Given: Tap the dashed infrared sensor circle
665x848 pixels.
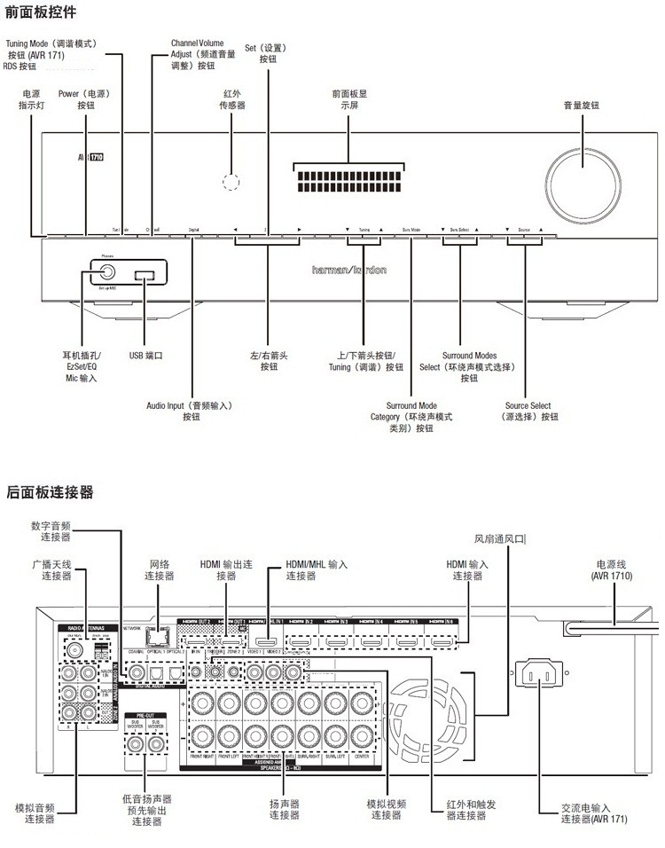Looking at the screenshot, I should click(x=230, y=183).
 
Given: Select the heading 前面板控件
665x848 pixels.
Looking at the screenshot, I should click(x=41, y=12).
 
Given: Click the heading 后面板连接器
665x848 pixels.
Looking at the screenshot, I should click(x=49, y=491).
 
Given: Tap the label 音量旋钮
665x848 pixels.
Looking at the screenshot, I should click(x=582, y=105).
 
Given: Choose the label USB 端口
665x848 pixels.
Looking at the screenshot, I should click(x=146, y=355).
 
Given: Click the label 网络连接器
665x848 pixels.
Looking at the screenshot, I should click(x=160, y=569).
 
